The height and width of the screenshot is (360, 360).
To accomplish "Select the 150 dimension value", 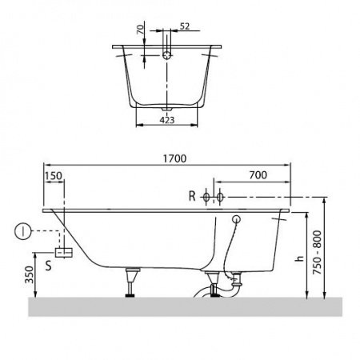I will tap(53, 176).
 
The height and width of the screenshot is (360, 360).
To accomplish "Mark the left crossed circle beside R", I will tap(206, 196).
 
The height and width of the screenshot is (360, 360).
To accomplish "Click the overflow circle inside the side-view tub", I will tap(237, 218).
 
